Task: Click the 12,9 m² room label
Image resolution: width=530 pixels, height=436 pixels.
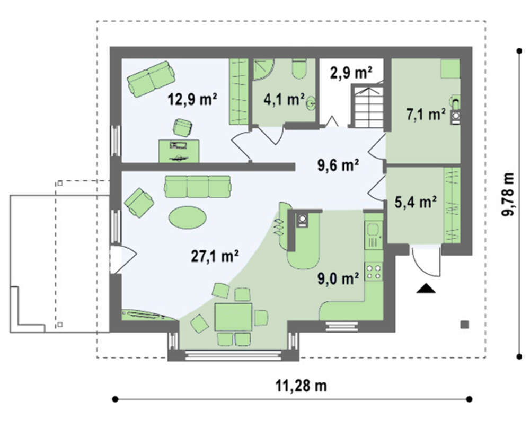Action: click(192, 99)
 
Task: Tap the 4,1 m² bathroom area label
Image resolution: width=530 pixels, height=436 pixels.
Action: click(284, 99)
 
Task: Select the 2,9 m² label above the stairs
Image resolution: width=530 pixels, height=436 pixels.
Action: click(351, 73)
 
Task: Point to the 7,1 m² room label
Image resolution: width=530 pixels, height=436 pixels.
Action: click(426, 115)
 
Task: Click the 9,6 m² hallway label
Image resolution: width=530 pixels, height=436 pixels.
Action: click(338, 165)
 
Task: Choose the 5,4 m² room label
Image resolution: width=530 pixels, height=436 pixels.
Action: click(416, 202)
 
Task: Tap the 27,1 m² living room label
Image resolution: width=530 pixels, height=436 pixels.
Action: click(215, 256)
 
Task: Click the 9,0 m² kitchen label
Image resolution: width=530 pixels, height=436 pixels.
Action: click(338, 278)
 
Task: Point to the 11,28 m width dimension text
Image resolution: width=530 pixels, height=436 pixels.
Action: click(301, 386)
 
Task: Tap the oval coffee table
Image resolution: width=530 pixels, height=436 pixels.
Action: click(187, 217)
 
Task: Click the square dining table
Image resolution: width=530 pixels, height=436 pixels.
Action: click(234, 317)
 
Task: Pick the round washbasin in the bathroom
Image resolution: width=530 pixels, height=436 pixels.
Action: click(311, 102)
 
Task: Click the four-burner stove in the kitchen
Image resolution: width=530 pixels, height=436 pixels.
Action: click(374, 272)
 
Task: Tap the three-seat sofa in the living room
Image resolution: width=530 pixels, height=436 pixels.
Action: click(197, 186)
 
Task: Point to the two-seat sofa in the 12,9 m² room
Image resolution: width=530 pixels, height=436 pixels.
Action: click(151, 79)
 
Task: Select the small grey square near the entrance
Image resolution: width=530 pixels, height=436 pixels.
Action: click(465, 325)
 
